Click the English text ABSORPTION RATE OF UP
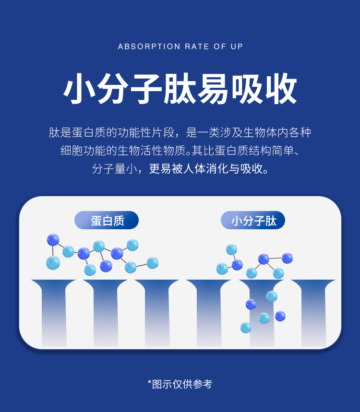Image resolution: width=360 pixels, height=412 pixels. [x=180, y=47]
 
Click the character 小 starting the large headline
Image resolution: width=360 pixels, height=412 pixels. [x=80, y=89]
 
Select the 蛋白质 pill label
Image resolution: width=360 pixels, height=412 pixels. [x=107, y=221]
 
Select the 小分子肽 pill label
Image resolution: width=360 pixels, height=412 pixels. [x=253, y=221]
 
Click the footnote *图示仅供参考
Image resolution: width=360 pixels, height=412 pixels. [x=180, y=384]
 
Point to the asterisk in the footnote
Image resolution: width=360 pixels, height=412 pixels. [x=150, y=383]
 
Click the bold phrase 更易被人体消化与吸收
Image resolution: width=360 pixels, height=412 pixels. [x=209, y=169]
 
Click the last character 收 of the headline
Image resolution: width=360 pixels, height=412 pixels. [x=280, y=89]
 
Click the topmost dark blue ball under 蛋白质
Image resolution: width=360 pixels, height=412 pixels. [x=53, y=239]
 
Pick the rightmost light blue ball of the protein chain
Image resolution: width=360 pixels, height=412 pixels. [x=153, y=263]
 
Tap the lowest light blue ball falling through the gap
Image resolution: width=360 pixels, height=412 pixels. [x=246, y=328]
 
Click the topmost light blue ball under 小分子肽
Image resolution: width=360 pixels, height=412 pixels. [x=231, y=249]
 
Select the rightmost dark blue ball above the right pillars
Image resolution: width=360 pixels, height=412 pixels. [x=287, y=258]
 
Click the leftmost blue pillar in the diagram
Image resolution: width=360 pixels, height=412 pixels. [x=53, y=312]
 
